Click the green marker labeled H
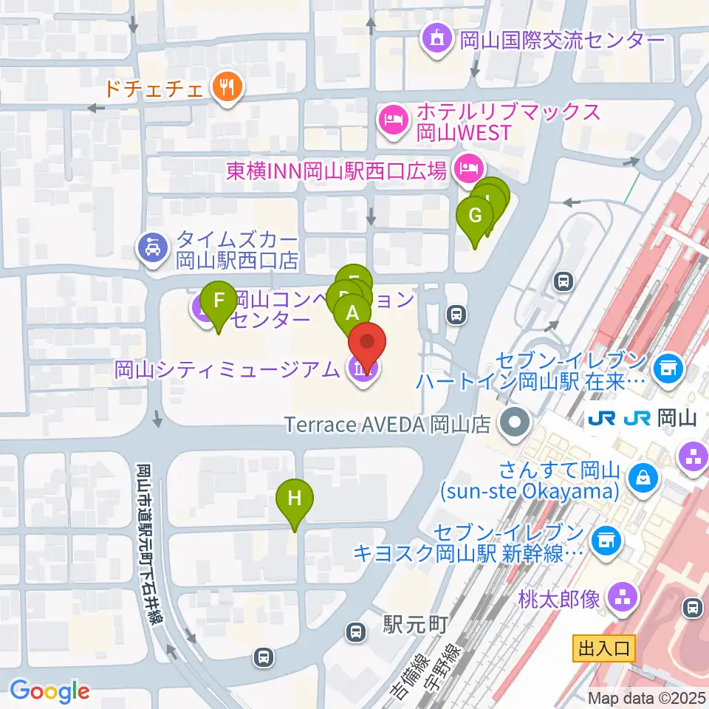295,499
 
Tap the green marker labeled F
219,301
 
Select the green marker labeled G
475,216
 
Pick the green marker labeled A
352,313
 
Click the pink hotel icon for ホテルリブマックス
393,121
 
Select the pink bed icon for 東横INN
467,170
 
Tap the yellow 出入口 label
603,649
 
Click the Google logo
50,691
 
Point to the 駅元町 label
415,625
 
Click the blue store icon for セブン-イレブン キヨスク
607,541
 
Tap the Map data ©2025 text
647,697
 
